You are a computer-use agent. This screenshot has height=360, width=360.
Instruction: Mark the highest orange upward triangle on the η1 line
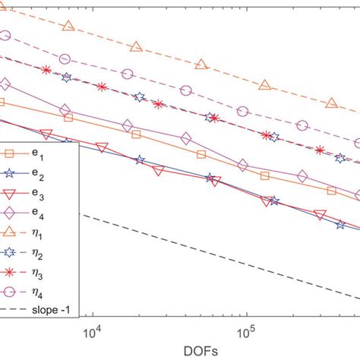[x=68, y=27]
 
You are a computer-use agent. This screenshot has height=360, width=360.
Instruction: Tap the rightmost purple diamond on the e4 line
[x=302, y=176]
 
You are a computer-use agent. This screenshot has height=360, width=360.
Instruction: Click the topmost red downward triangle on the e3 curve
[x=46, y=134]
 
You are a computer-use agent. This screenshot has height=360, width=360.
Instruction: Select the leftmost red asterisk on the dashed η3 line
[x=47, y=70]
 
